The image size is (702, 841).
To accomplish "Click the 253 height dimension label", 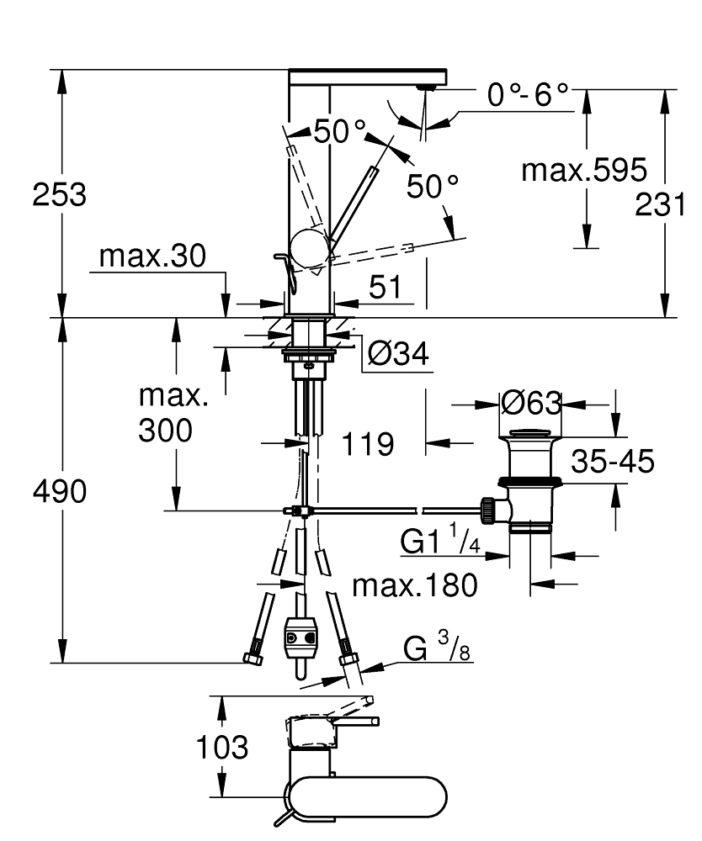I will (x=59, y=195).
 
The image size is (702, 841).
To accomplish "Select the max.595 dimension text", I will (x=584, y=171).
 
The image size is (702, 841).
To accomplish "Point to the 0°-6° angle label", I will (x=528, y=96).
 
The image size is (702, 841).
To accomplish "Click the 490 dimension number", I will (x=59, y=492).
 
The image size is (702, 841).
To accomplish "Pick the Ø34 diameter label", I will (x=398, y=355).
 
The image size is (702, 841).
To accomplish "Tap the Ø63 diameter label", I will (x=530, y=404).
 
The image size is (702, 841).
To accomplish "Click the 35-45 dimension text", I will (x=613, y=461).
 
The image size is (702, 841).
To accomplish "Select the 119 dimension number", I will (x=368, y=443).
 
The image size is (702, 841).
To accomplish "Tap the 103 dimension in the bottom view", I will (x=222, y=746).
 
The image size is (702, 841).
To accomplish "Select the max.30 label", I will (x=152, y=257).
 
